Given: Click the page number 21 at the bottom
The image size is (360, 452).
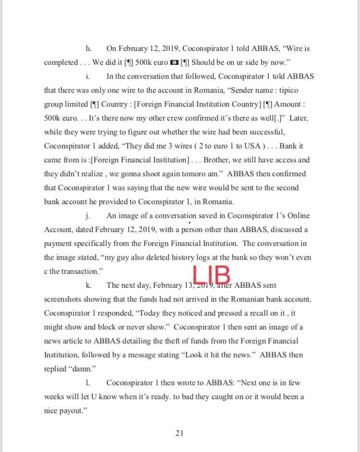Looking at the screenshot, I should coord(180,433).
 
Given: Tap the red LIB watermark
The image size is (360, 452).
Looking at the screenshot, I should coord(212,275).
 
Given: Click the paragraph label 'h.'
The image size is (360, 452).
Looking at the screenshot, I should coord(88,48).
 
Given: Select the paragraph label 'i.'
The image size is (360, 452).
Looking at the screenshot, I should coord(87,76).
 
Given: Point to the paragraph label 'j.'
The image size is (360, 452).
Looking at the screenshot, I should coord(88,215).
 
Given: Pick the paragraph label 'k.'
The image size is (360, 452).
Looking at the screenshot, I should coord(88,285).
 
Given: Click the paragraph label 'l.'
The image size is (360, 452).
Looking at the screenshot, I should coord(87,383).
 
